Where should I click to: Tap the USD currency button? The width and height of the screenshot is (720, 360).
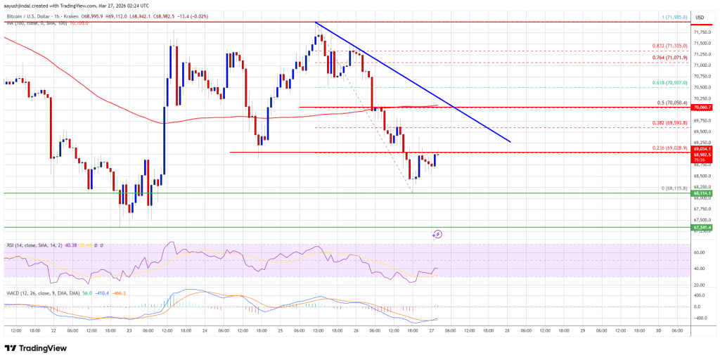click(700, 17)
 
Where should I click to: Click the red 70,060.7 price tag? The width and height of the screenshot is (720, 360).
click(702, 108)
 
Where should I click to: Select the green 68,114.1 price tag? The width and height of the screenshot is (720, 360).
click(702, 193)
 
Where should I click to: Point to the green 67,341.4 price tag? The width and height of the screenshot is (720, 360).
click(702, 227)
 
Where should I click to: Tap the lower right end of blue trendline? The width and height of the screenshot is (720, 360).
click(510, 142)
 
